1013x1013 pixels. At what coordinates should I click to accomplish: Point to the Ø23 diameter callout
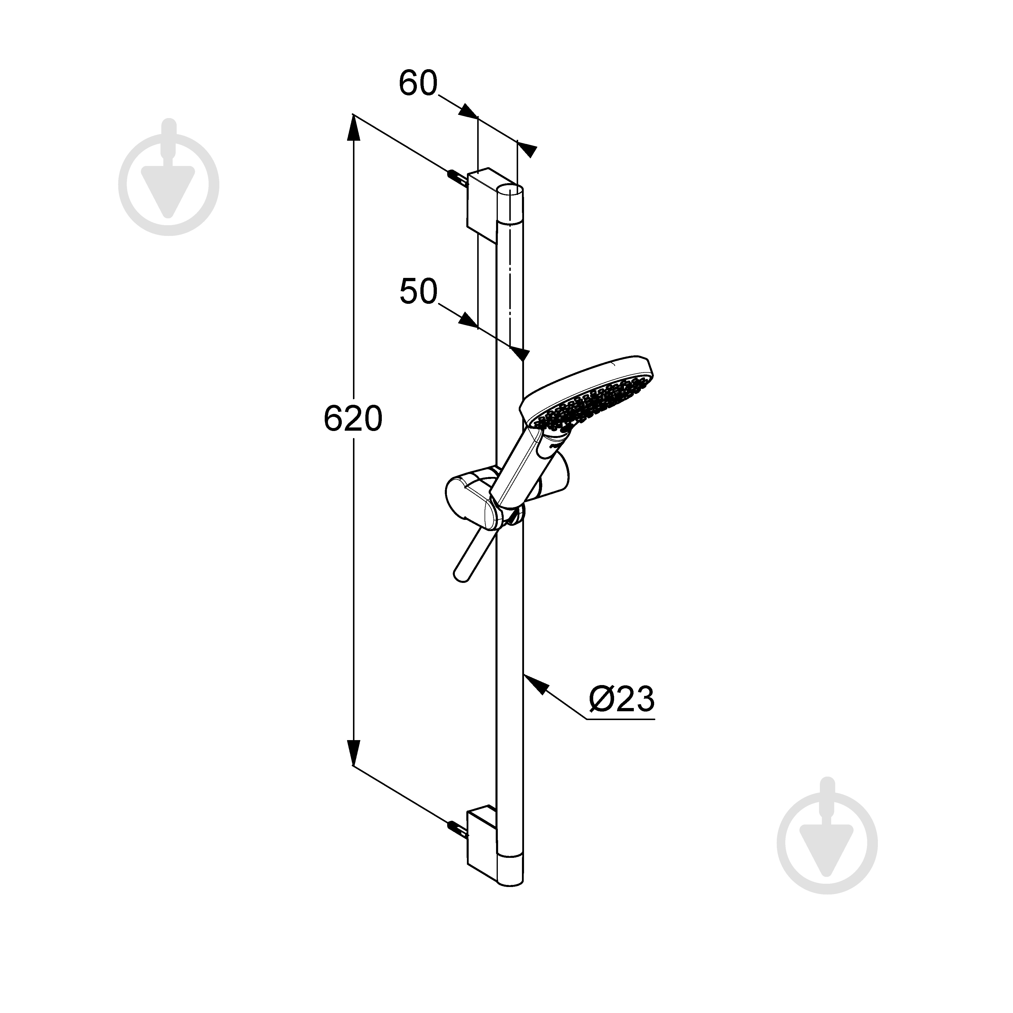tap(622, 699)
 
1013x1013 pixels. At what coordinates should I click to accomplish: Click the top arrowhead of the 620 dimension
tap(354, 128)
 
